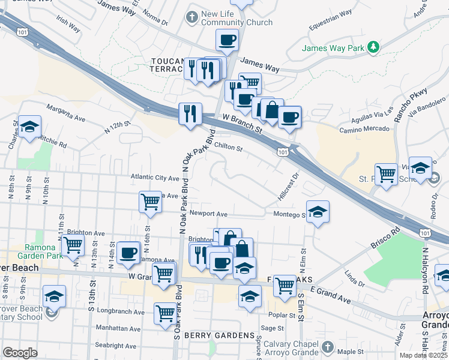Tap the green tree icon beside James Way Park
373,47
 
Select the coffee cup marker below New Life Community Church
228,40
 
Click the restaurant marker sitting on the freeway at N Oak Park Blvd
190,114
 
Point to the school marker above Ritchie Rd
29,127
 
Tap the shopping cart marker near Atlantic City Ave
149,203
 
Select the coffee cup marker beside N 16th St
128,253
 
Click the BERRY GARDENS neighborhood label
220,335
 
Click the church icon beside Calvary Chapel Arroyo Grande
327,346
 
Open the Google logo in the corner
20,352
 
